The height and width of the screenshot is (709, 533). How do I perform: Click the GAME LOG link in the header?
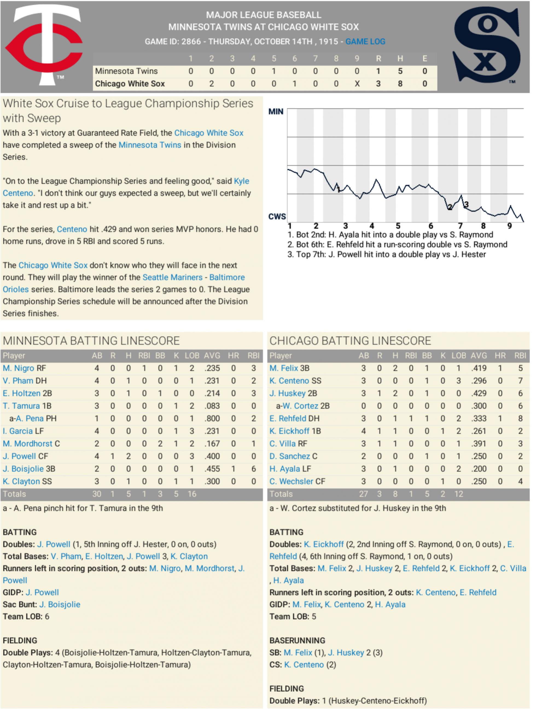coord(365,42)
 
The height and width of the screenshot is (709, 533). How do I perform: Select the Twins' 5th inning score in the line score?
coord(274,71)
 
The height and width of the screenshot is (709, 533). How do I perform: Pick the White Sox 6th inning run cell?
coord(295,84)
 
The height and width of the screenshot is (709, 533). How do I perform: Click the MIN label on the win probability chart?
coord(276,112)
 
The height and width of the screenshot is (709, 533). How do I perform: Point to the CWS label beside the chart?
coord(277,217)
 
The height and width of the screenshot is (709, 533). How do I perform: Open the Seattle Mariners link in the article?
coord(172,277)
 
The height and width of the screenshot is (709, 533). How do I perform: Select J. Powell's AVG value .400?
coord(212,456)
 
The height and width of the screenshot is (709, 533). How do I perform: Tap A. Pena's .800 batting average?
coord(212,419)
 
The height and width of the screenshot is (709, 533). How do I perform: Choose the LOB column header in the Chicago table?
coord(459,356)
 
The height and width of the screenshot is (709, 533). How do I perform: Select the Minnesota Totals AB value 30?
coord(97,494)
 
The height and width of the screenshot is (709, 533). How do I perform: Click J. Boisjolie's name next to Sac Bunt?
coord(60,604)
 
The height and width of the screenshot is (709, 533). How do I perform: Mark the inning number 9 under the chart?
coord(509,226)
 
